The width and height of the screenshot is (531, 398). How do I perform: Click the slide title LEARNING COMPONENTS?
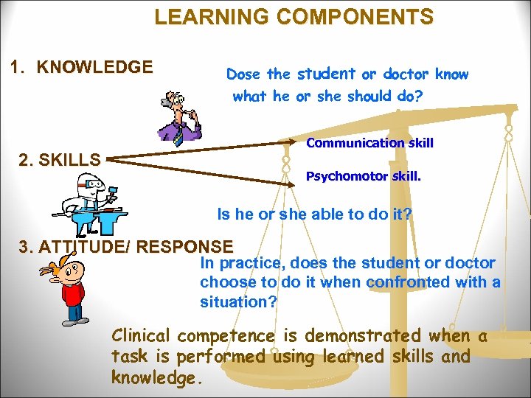tap(294, 16)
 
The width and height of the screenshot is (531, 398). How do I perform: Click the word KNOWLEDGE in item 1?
tap(95, 68)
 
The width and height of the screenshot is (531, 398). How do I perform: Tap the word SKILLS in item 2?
tap(72, 158)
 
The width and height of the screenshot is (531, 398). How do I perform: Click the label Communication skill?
tap(369, 143)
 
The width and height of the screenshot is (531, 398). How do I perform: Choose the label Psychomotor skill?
tap(364, 176)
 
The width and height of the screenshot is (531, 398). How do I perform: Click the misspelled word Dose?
tap(243, 74)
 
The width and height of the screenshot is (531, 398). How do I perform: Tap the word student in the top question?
tap(325, 73)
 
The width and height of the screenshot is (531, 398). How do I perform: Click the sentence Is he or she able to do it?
tap(314, 214)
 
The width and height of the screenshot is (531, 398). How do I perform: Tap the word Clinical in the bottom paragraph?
tap(142, 336)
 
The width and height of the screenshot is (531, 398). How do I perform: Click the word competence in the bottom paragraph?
tap(226, 336)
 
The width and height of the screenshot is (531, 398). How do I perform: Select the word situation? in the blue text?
tap(238, 301)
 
